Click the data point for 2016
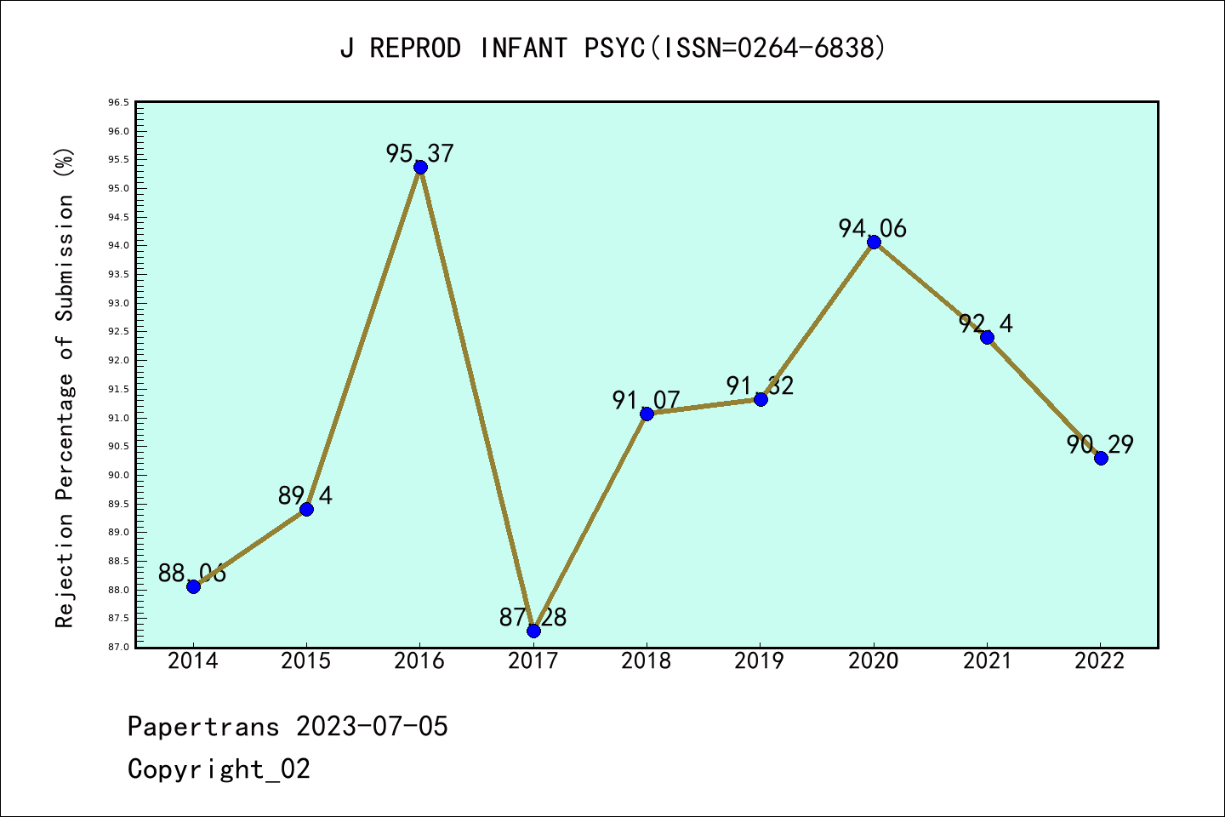(420, 167)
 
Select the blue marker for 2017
(533, 631)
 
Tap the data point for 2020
(874, 243)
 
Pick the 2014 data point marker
(193, 586)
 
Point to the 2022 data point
(1101, 458)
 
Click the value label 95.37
(420, 154)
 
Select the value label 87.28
(533, 618)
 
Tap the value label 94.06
(873, 229)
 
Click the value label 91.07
(647, 400)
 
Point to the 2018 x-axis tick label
(647, 661)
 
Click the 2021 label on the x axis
(987, 661)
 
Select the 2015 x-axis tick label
(306, 661)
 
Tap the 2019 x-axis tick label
(760, 661)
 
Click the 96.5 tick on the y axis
(118, 103)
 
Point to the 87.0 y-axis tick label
(118, 648)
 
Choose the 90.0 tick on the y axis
(118, 476)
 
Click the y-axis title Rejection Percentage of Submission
(66, 387)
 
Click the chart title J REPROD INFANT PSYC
(612, 49)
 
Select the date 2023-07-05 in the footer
(372, 727)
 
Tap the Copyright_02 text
(219, 769)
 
